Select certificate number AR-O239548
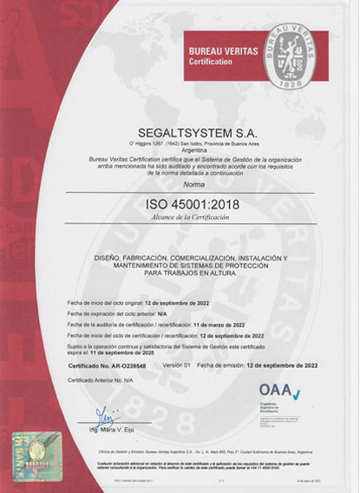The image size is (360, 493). point(128,367)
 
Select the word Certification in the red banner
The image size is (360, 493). point(212,62)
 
